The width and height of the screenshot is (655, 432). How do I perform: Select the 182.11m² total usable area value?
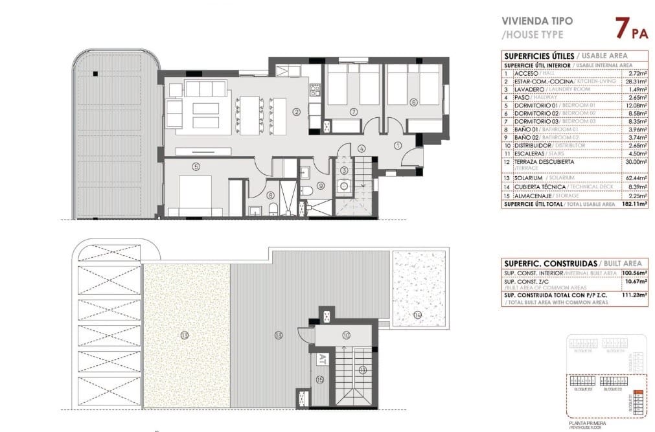(635, 204)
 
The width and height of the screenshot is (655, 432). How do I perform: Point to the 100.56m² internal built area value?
(635, 273)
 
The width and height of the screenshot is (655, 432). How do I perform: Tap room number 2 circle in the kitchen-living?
(296, 112)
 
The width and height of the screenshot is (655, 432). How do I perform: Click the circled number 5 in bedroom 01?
(196, 166)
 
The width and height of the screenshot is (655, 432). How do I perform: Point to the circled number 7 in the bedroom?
(354, 112)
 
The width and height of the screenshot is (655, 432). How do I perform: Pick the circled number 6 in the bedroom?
(413, 102)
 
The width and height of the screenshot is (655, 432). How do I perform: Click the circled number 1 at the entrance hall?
(398, 146)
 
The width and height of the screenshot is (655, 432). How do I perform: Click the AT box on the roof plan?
(323, 357)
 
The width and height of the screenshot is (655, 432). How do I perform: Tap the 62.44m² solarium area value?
(635, 177)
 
